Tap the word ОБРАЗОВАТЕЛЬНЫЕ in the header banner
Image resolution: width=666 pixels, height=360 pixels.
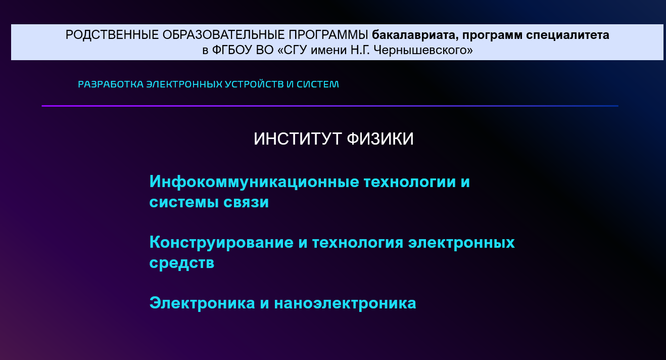pos(223,35)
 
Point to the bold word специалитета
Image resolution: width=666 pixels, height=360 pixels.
pos(567,35)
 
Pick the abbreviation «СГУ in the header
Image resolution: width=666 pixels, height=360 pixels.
pos(292,50)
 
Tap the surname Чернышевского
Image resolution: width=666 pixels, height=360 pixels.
pos(423,50)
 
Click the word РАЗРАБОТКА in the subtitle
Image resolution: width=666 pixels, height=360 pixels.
pos(111,84)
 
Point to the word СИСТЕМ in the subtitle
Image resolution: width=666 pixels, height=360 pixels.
pos(317,84)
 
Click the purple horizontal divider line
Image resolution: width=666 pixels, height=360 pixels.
pos(330,106)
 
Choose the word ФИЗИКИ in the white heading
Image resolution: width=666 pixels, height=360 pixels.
pos(380,139)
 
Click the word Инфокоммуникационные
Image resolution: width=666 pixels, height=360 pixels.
pos(254,182)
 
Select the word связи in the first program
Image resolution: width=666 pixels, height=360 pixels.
pos(246,202)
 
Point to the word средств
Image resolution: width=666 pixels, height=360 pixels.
pos(182,263)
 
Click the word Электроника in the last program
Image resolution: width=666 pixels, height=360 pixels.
pos(202,303)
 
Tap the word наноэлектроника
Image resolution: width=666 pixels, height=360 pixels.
pos(345,303)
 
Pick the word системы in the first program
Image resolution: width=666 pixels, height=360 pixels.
pos(184,202)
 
